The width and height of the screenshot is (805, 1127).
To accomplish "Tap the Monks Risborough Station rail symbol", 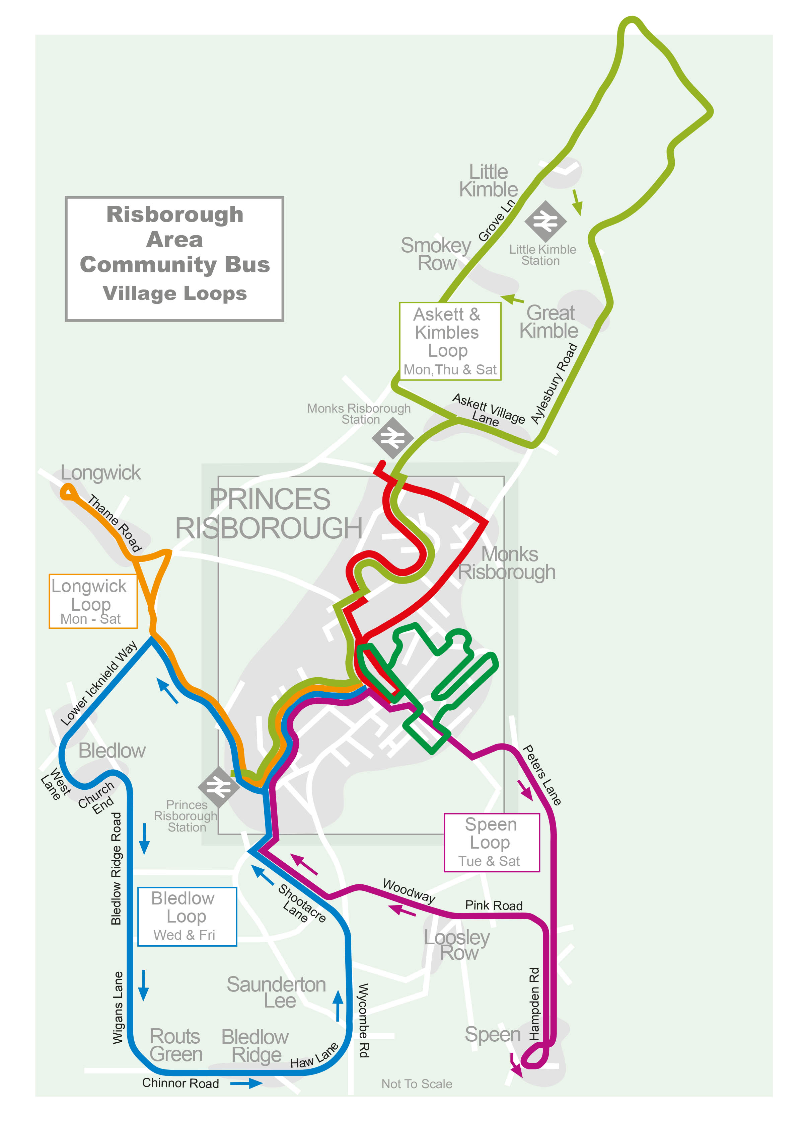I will tap(392, 438).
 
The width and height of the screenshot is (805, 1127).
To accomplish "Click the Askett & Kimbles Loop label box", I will tap(450, 341).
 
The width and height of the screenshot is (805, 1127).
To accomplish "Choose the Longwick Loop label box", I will tap(93, 601).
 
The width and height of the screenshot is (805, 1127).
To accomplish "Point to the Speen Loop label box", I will tap(491, 842).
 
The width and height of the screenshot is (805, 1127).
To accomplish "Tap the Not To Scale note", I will tap(416, 1084).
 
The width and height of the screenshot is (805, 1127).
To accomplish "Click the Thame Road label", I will tap(115, 523).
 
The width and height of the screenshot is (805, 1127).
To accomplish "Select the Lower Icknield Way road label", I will tap(99, 683).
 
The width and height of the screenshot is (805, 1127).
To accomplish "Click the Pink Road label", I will tap(494, 905).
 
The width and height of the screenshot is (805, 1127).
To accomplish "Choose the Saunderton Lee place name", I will tap(276, 992).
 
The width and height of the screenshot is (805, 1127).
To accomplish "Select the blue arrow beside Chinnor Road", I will tap(247, 1083).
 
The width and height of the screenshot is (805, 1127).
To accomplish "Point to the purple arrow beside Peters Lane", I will tap(525, 790).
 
